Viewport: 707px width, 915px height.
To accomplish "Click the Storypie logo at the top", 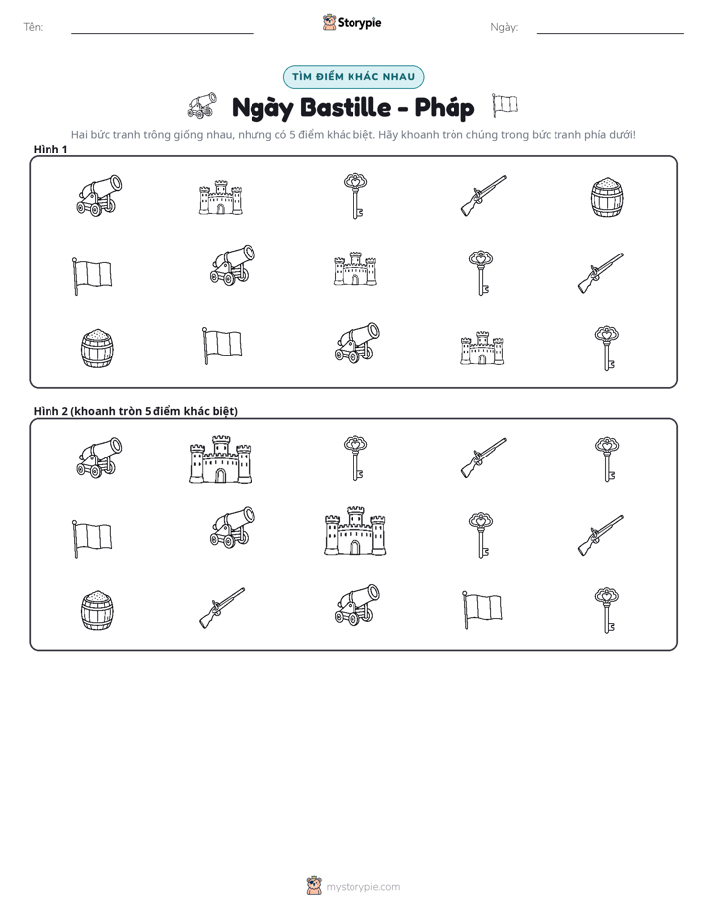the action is (352, 22).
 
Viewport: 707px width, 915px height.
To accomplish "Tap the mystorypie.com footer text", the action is (362, 887).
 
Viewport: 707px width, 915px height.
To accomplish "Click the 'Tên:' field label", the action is (33, 27).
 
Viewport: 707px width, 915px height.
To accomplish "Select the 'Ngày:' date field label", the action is (504, 27).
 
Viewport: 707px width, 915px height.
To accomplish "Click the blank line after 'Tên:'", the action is (162, 33).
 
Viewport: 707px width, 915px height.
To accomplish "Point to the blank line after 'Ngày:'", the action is (610, 33).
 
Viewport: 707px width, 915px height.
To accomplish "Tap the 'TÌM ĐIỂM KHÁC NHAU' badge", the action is (353, 77).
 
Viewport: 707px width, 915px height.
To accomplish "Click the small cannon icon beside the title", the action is (202, 105).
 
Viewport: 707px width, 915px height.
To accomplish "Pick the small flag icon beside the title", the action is (505, 105).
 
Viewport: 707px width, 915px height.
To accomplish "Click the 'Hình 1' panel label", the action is (50, 150).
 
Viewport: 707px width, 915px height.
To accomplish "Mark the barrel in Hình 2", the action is (97, 610).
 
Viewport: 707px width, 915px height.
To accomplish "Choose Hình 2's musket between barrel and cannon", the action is (222, 607).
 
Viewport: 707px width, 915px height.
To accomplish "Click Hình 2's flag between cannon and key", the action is (482, 609).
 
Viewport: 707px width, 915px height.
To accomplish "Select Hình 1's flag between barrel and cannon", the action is (222, 346).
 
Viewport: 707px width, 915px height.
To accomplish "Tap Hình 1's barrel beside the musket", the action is (607, 197).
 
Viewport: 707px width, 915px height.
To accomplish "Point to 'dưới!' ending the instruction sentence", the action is (621, 135).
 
